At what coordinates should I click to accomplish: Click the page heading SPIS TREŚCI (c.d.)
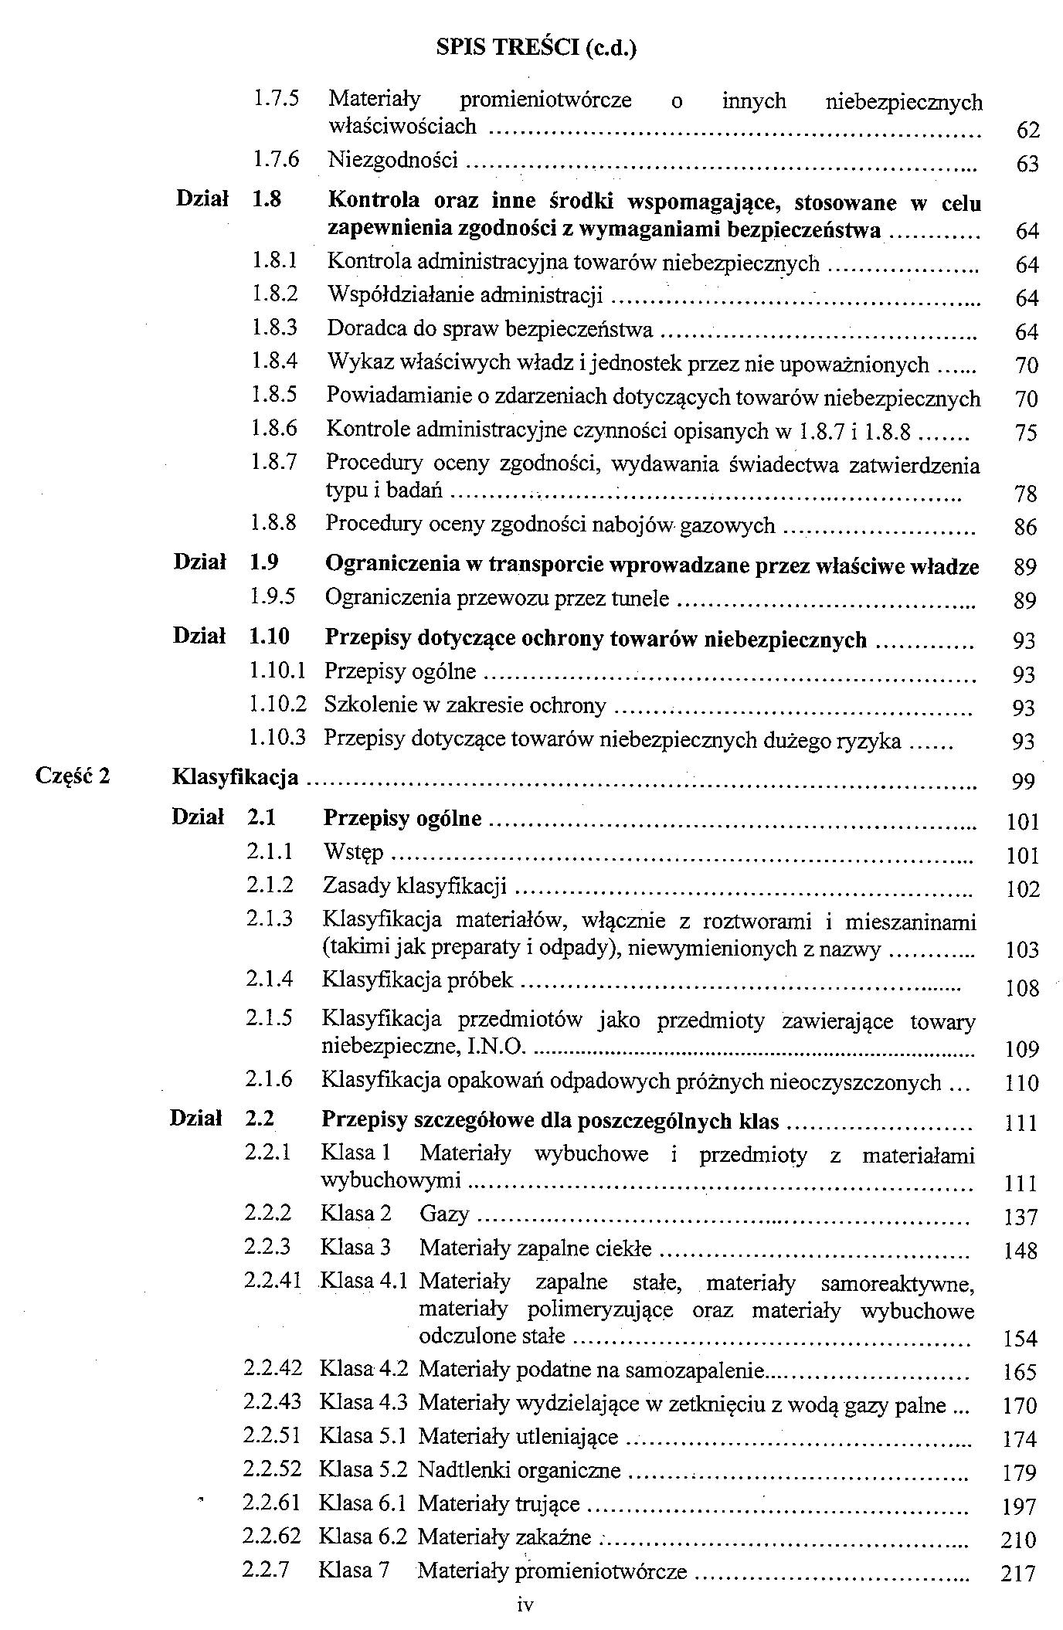pyautogui.click(x=536, y=48)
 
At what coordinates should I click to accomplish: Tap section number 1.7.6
pyautogui.click(x=276, y=159)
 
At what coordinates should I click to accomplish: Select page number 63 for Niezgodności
pyautogui.click(x=1027, y=164)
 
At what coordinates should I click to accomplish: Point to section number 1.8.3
pyautogui.click(x=274, y=328)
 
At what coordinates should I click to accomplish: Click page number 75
pyautogui.click(x=1027, y=433)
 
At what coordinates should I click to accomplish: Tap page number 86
pyautogui.click(x=1025, y=528)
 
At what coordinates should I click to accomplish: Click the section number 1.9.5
pyautogui.click(x=273, y=596)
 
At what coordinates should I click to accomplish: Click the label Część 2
pyautogui.click(x=73, y=775)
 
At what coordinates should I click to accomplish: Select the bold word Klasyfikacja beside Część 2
pyautogui.click(x=235, y=776)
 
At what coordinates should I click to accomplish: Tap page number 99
pyautogui.click(x=1024, y=783)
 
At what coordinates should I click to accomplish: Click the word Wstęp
pyautogui.click(x=353, y=853)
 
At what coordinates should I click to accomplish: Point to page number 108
pyautogui.click(x=1023, y=988)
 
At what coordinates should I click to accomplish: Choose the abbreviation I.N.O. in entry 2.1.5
pyautogui.click(x=501, y=1047)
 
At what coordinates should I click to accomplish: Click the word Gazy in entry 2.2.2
pyautogui.click(x=444, y=1214)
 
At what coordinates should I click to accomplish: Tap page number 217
pyautogui.click(x=1018, y=1573)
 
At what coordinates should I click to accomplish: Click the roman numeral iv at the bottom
pyautogui.click(x=525, y=1605)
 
